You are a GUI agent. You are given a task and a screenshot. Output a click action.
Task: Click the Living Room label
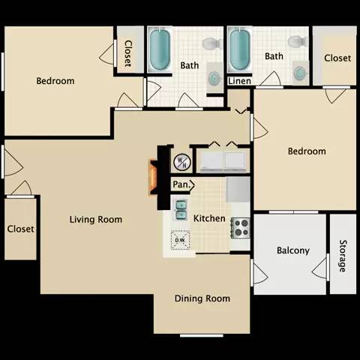(95, 220)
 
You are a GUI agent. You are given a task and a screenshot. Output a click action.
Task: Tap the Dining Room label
(202, 298)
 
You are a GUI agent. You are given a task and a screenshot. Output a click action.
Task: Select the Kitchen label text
(209, 218)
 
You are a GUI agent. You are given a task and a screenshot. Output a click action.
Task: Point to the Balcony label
(293, 250)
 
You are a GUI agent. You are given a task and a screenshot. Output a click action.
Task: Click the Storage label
(342, 256)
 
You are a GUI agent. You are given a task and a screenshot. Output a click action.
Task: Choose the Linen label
(239, 81)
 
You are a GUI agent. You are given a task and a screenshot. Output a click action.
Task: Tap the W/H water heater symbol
(181, 161)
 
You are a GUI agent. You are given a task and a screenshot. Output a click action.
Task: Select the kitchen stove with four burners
(240, 227)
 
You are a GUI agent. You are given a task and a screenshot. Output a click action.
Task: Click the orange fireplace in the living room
(152, 178)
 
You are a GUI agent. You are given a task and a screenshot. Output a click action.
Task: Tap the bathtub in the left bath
(160, 49)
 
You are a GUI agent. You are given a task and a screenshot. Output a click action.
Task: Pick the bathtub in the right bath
(238, 49)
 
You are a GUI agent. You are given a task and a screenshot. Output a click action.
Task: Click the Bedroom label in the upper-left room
(55, 81)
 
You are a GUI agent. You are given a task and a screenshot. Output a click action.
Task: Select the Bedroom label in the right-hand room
(307, 151)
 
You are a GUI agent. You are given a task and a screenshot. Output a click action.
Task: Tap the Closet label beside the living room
(20, 229)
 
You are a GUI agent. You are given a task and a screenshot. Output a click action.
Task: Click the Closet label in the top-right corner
(337, 58)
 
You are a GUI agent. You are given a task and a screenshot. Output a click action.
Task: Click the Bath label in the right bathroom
(274, 56)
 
